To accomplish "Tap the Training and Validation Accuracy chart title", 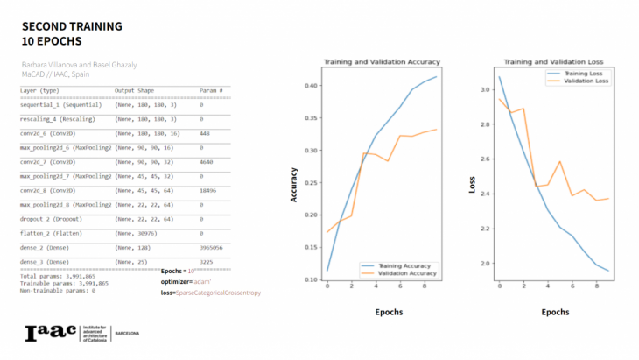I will tap(382, 62).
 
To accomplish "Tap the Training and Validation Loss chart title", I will tap(551, 62).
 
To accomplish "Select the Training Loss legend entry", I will tap(572, 74).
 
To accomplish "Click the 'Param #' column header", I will tap(211, 90).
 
